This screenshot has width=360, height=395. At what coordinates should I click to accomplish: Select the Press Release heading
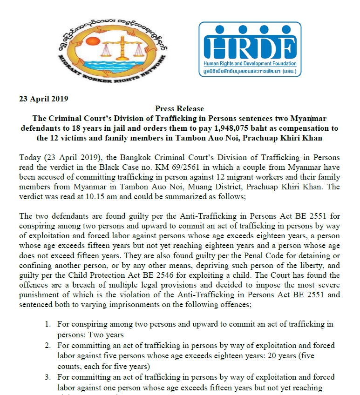click(179, 109)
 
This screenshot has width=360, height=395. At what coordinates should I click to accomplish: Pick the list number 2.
click(48, 346)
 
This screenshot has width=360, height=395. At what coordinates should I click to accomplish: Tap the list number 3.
click(48, 377)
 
